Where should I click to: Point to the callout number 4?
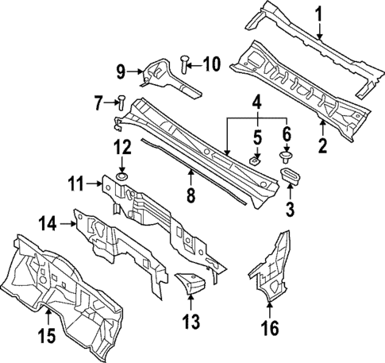pyautogui.click(x=256, y=102)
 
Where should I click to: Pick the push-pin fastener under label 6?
pyautogui.click(x=287, y=156)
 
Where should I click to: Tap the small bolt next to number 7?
pyautogui.click(x=121, y=101)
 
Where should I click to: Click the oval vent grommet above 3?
pyautogui.click(x=291, y=176)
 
